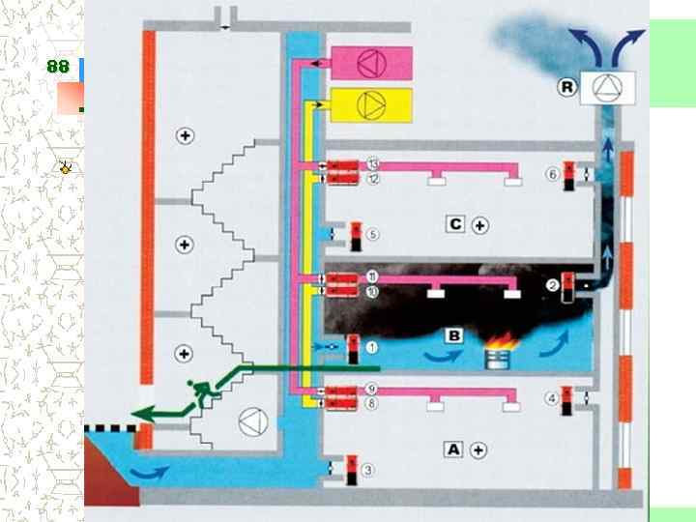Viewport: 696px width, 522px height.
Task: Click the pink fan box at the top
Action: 371,64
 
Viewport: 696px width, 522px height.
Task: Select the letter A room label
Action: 452,449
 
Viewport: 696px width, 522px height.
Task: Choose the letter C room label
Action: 456,225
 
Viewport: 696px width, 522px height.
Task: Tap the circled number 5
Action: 372,234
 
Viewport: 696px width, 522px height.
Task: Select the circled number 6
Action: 552,174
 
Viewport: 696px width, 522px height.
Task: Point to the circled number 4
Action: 551,396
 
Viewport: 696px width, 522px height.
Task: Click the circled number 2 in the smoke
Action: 552,285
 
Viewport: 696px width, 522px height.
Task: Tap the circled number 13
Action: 372,165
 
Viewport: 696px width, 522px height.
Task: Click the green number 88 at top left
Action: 57,66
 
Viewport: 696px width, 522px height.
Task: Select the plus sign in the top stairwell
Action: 186,135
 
